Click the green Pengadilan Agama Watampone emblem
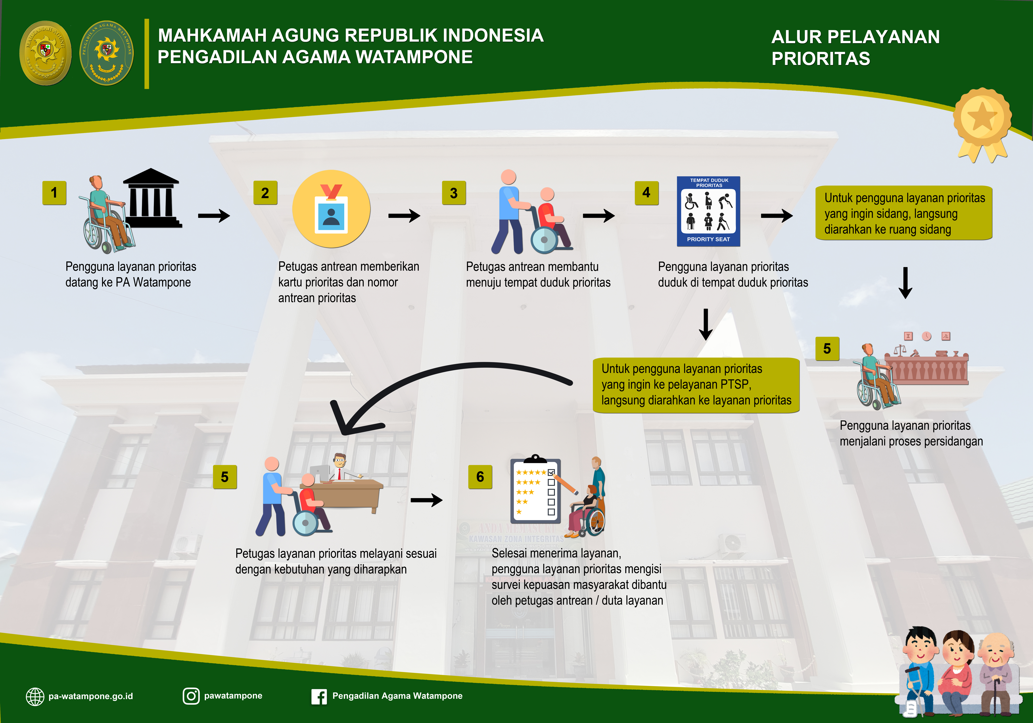[107, 53]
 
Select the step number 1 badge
[54, 193]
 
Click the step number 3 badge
[454, 193]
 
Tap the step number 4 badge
[647, 193]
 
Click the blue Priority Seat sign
[709, 211]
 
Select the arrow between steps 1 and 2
[214, 216]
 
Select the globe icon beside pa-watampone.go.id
[35, 696]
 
